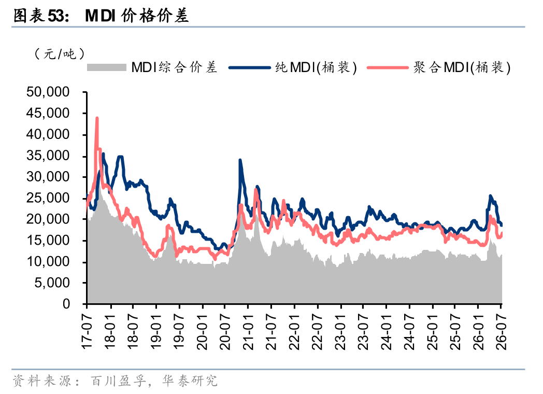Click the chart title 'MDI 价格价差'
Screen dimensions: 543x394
tap(137, 16)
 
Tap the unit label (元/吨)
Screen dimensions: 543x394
tap(60, 54)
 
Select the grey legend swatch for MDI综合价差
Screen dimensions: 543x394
tap(106, 67)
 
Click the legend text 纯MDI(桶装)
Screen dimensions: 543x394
tap(316, 67)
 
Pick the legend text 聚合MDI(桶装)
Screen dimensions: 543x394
tap(462, 67)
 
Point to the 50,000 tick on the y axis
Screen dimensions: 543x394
tap(48, 92)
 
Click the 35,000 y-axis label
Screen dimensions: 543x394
tap(48, 156)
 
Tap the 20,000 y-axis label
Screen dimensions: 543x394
tap(48, 219)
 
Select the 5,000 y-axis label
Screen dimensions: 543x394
tap(52, 283)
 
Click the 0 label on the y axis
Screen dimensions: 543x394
tap(66, 304)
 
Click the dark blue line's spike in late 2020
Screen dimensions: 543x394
tap(240, 160)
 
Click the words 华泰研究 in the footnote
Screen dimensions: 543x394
tap(190, 381)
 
